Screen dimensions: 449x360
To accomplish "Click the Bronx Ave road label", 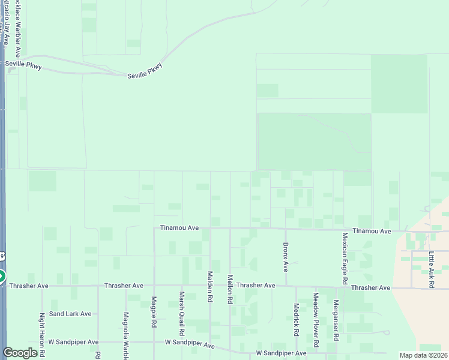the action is [x=286, y=256].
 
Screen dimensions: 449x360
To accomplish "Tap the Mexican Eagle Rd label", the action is [x=345, y=259].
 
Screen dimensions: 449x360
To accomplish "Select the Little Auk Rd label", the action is [x=432, y=271].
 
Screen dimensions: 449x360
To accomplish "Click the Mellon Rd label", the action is [x=230, y=290].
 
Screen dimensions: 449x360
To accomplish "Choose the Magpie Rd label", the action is [x=154, y=312].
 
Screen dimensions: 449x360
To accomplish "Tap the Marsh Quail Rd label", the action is [x=182, y=314].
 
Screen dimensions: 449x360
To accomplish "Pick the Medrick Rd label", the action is [x=296, y=320].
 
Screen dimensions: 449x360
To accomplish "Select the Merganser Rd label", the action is [x=336, y=322].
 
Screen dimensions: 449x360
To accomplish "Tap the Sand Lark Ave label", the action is [x=70, y=314].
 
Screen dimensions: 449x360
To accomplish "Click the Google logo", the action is [x=20, y=353].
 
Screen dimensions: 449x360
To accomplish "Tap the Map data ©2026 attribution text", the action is [x=423, y=355].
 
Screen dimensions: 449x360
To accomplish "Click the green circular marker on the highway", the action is [x=1, y=277].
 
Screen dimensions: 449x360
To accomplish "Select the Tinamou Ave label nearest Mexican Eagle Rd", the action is [x=372, y=231].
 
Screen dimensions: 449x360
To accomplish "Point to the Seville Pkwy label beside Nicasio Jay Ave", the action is [x=23, y=65].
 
